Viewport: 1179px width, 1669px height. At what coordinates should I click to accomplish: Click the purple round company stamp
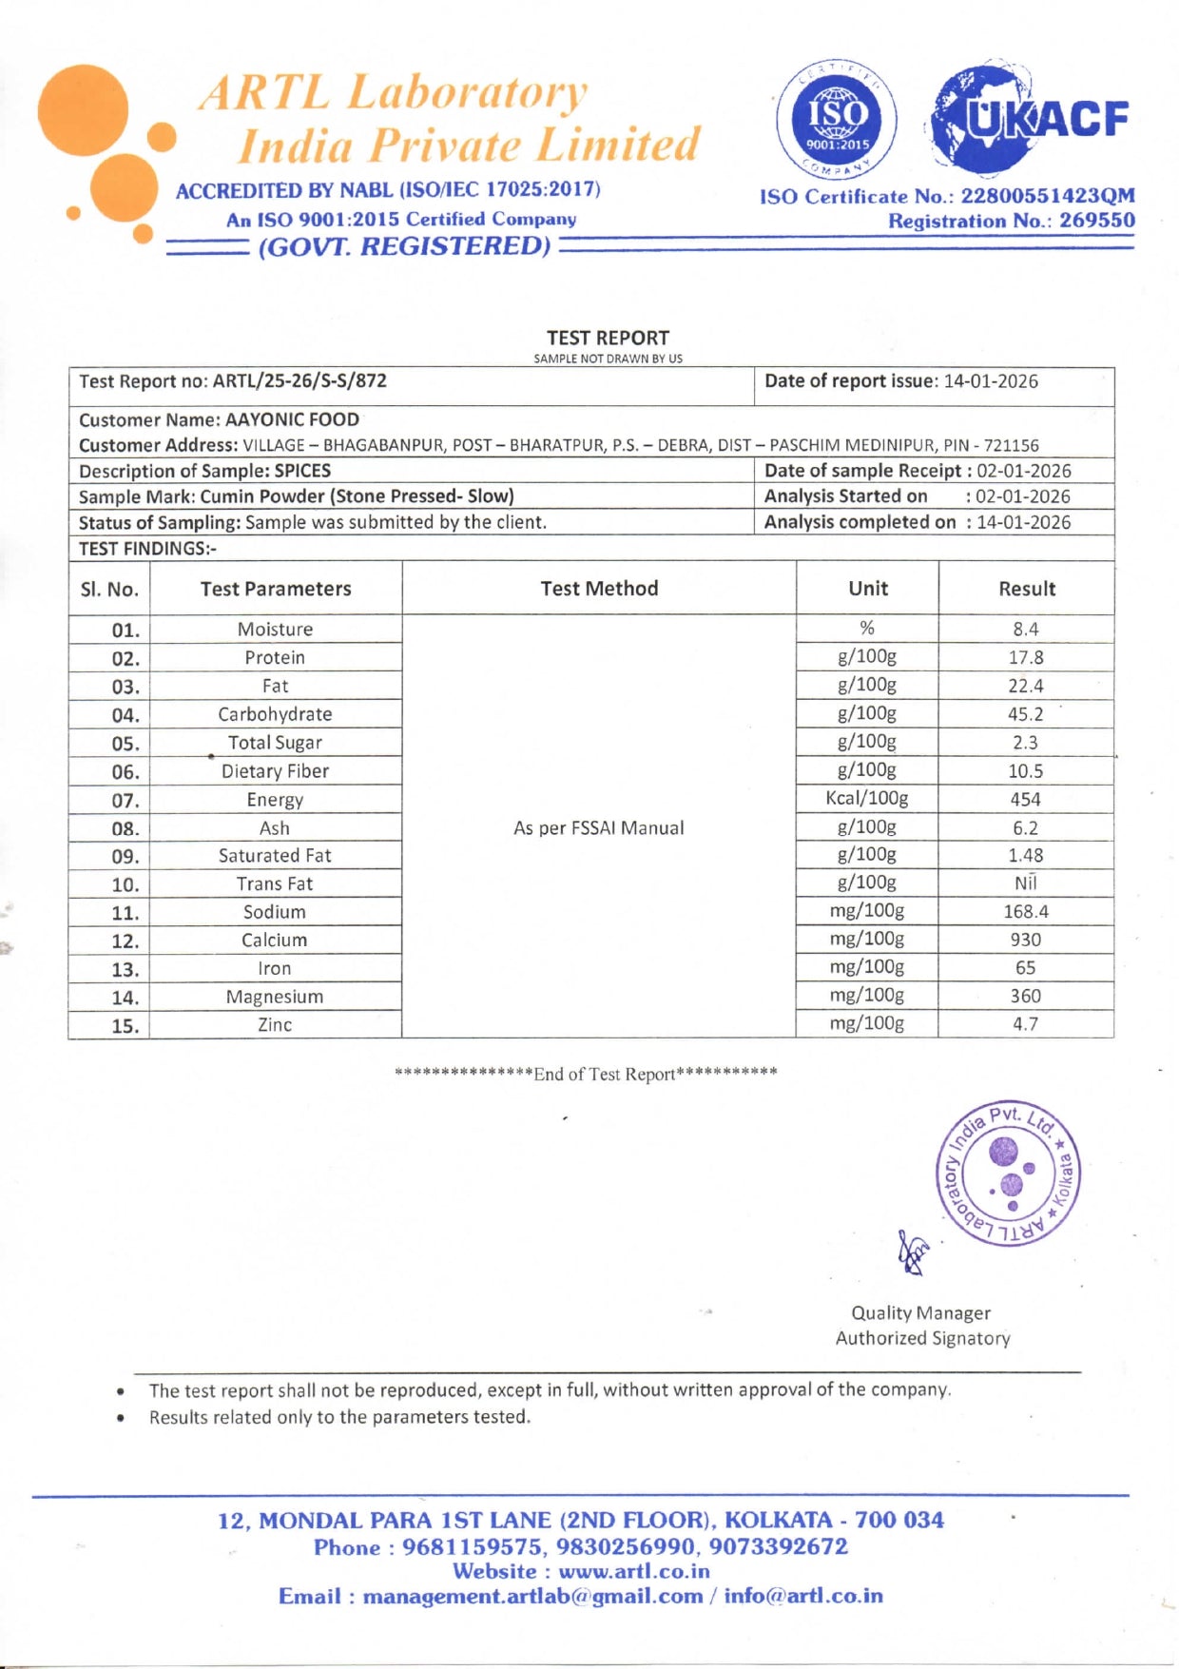[x=1009, y=1174]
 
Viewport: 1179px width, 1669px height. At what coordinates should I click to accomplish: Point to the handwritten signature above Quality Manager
[x=914, y=1252]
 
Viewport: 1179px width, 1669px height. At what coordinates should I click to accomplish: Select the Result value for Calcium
[x=1025, y=940]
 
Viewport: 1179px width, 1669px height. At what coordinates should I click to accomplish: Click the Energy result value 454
[x=1025, y=800]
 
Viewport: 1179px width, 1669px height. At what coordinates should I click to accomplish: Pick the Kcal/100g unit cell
[x=866, y=798]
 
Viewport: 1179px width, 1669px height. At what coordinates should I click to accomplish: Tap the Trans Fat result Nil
[x=1025, y=883]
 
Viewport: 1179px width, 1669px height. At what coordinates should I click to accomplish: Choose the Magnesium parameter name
[x=275, y=997]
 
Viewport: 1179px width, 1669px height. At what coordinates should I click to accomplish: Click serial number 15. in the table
[x=126, y=1026]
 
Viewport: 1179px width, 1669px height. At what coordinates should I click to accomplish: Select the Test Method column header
[x=599, y=589]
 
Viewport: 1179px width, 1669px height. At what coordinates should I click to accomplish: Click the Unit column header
[x=867, y=589]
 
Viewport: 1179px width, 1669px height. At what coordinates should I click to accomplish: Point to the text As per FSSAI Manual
[x=599, y=828]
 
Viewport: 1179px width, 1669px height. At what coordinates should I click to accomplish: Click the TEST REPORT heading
[x=608, y=338]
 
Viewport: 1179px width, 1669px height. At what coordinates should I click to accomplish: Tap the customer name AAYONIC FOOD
[x=292, y=419]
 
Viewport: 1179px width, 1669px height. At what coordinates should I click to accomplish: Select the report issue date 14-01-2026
[x=991, y=381]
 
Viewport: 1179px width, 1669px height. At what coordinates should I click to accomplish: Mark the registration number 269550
[x=1097, y=221]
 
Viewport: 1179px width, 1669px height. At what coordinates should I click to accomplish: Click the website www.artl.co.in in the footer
[x=633, y=1572]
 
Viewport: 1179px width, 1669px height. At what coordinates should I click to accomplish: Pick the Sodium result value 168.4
[x=1025, y=912]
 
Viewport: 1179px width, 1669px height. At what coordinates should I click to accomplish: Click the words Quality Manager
[x=920, y=1313]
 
